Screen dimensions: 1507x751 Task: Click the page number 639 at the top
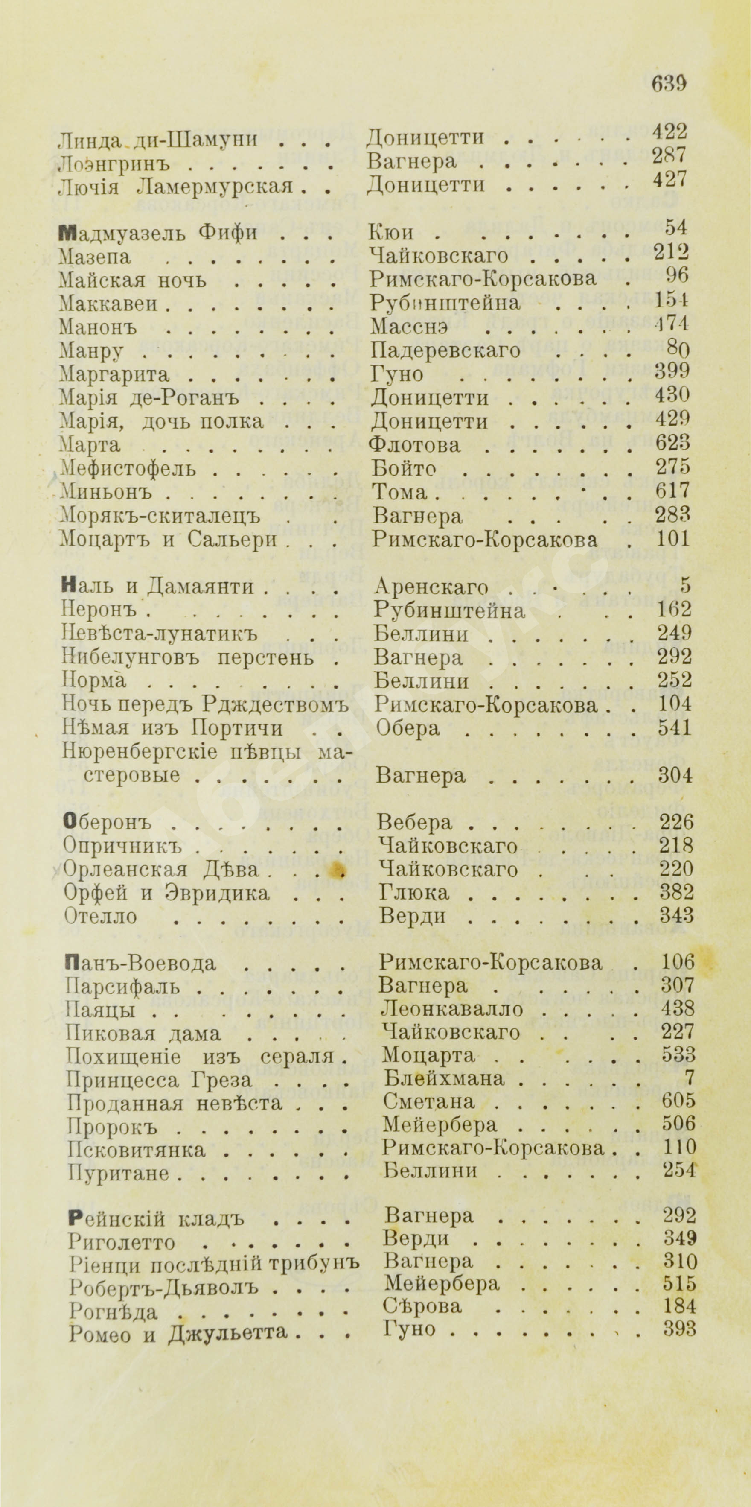pos(669,83)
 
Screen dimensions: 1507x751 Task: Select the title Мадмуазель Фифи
pos(158,233)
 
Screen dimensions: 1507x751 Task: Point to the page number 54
pos(677,227)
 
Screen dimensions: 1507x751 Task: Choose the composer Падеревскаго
pos(445,350)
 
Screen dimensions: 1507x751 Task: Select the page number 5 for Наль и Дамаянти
pos(685,584)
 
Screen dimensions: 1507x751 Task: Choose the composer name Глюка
pos(413,892)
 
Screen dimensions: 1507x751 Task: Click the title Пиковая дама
pos(143,1033)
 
